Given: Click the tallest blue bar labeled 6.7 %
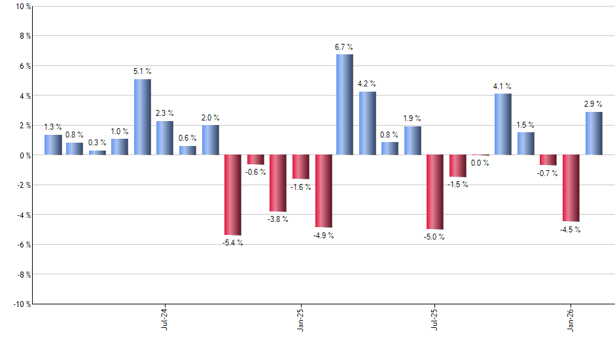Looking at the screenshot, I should tap(345, 105).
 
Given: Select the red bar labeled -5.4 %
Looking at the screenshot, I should tap(232, 194).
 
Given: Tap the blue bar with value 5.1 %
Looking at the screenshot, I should tap(143, 117).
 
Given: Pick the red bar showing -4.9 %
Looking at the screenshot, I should tap(323, 191).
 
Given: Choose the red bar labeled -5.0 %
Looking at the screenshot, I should tap(434, 192).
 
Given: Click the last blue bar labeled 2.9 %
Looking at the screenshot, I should tap(593, 134).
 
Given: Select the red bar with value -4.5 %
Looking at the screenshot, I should tap(571, 188).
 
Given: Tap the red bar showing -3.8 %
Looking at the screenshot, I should tap(277, 183).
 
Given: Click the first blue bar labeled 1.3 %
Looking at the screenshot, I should tap(53, 145).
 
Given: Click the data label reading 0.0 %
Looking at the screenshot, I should tap(480, 163).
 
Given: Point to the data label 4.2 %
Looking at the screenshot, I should tap(367, 84).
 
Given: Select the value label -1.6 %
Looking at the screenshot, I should tap(300, 187).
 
